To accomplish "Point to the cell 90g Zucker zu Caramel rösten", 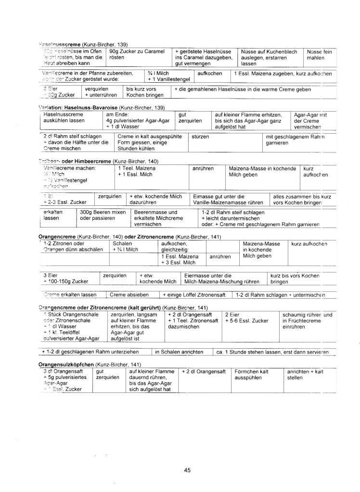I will [137, 54].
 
